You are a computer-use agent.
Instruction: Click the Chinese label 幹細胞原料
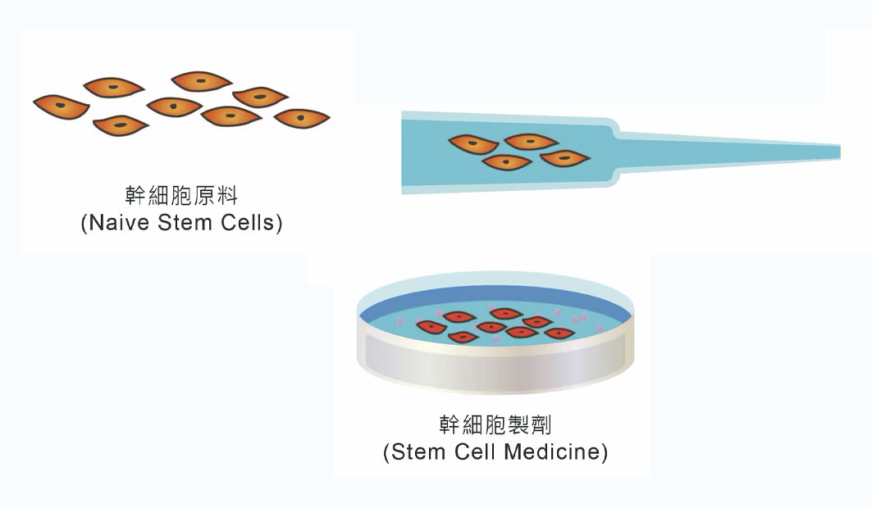tap(180, 197)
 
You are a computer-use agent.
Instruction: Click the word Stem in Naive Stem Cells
tap(183, 223)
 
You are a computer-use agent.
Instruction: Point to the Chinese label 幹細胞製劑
tap(495, 424)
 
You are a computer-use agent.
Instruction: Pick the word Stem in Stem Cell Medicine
tap(419, 451)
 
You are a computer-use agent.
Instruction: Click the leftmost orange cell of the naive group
tap(61, 106)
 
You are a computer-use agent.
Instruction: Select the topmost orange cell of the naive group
tap(202, 81)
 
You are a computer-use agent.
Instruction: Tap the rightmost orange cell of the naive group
tap(301, 118)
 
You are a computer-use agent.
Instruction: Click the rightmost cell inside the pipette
tap(565, 157)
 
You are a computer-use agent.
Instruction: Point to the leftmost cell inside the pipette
tap(473, 144)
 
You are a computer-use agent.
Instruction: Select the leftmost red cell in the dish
tap(431, 328)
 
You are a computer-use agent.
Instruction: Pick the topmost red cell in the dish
tap(505, 313)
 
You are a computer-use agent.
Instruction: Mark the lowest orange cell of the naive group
tap(121, 125)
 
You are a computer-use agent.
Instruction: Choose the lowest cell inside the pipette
tap(506, 162)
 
